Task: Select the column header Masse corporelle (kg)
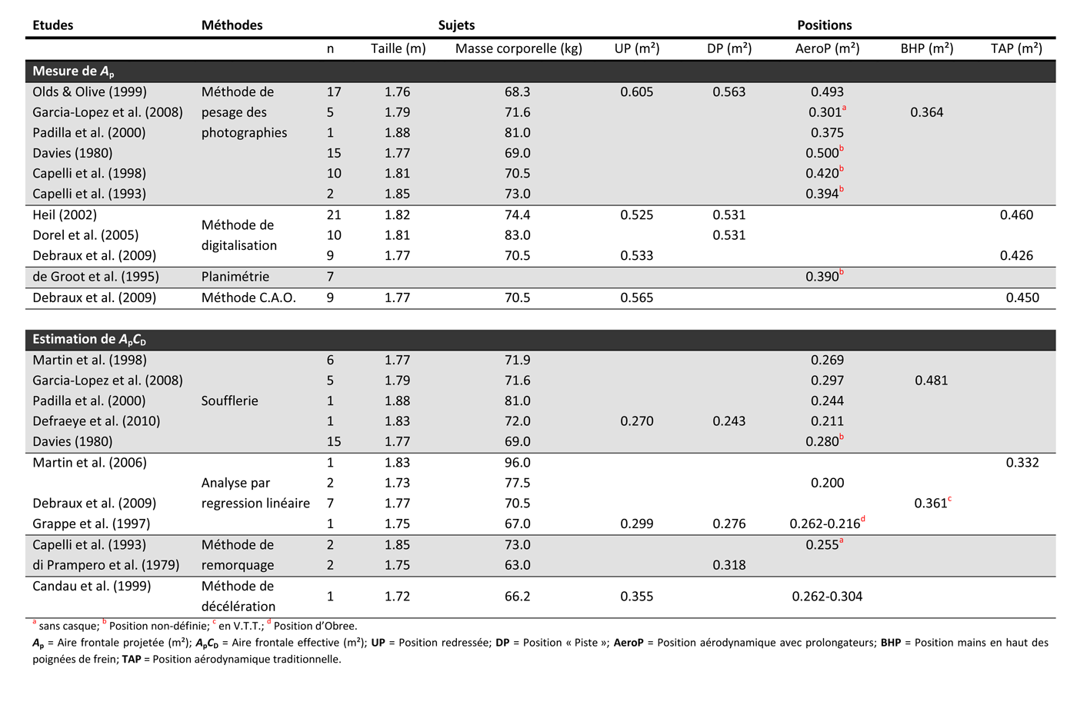click(518, 48)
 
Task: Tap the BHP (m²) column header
click(926, 48)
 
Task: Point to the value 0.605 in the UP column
click(636, 91)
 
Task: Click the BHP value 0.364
click(926, 112)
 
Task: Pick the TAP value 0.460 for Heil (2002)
click(1016, 214)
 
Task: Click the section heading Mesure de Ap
click(73, 71)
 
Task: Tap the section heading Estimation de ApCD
click(88, 339)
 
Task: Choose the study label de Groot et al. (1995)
click(95, 276)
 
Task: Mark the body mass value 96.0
click(517, 462)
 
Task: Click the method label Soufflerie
click(229, 401)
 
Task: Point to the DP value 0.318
click(729, 565)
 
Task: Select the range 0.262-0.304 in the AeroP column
click(827, 596)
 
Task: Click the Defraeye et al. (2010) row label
click(96, 421)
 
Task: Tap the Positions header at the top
click(824, 25)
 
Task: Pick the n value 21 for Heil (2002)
click(333, 214)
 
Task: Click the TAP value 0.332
click(1022, 462)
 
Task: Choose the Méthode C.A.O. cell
click(248, 298)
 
